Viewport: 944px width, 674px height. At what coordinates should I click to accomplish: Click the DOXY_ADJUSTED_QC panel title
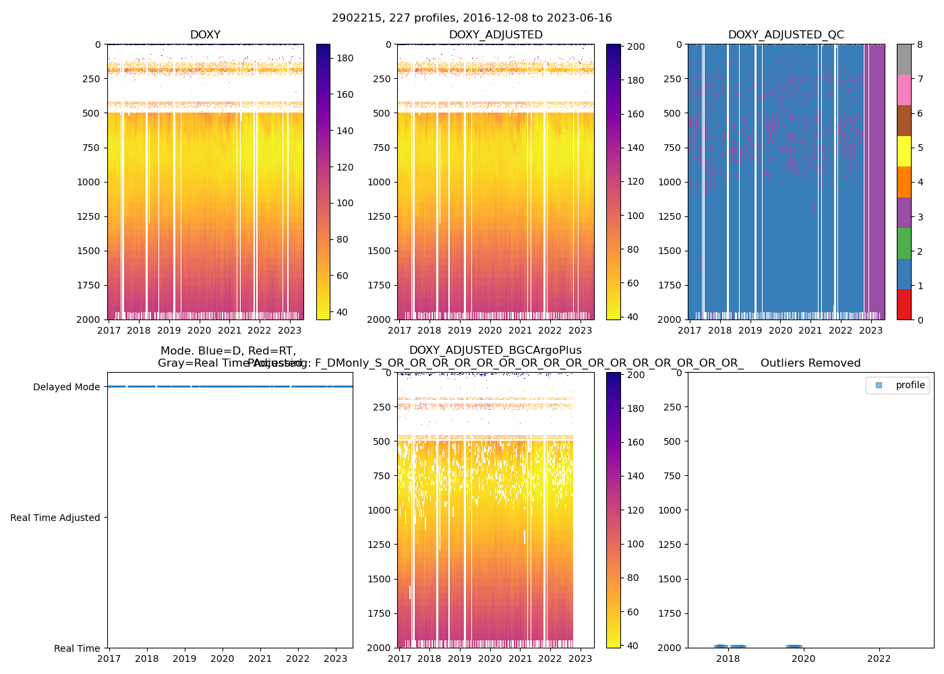[786, 35]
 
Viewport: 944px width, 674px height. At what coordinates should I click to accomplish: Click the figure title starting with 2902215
[472, 18]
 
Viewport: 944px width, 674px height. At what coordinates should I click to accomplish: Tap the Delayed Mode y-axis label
[66, 387]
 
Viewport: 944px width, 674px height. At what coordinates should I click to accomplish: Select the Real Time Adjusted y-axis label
[55, 518]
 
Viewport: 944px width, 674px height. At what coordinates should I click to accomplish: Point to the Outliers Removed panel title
[810, 363]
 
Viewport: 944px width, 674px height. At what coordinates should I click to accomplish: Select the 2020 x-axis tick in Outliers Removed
[803, 658]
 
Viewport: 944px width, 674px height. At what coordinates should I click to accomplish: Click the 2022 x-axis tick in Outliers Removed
[879, 658]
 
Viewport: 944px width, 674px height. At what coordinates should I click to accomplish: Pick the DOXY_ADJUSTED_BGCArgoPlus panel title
[495, 350]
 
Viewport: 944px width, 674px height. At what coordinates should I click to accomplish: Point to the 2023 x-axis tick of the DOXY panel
[289, 330]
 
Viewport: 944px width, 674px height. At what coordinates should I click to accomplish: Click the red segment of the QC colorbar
[904, 304]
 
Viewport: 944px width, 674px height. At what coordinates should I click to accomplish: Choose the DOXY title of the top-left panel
[205, 35]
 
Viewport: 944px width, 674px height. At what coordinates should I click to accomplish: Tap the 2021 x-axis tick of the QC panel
[810, 330]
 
